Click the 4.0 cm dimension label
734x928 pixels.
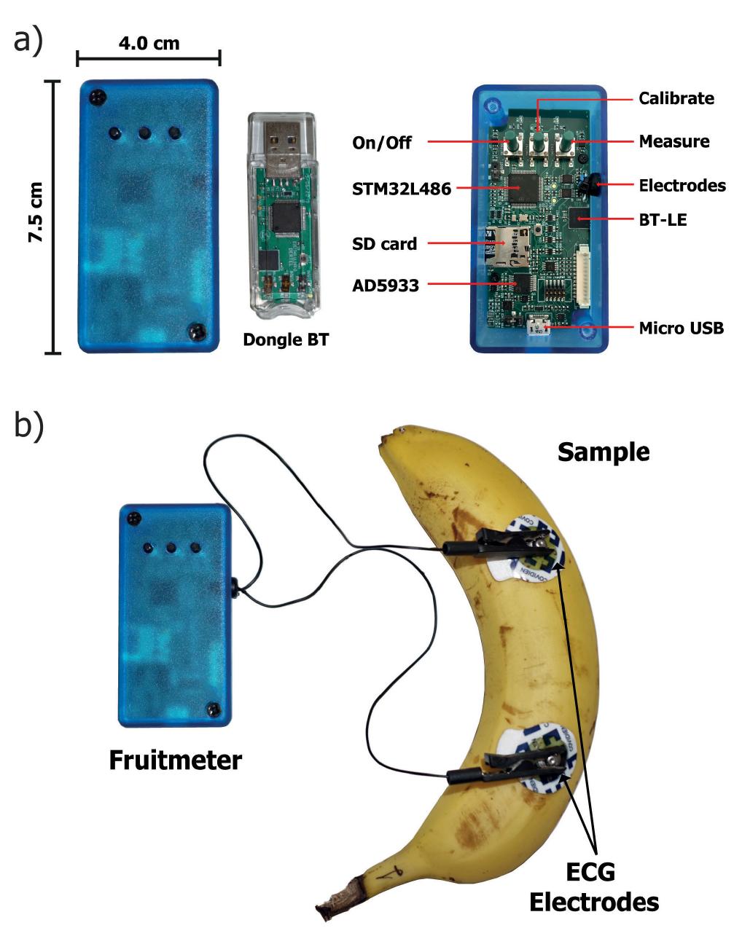pos(149,43)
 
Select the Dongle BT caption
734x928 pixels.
pos(285,339)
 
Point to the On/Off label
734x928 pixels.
pos(381,142)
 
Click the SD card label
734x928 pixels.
pos(384,243)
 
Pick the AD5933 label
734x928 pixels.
pos(386,286)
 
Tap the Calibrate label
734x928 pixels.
pos(676,98)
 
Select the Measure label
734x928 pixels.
pos(674,141)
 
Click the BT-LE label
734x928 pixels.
pos(663,219)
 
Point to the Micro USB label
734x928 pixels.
pos(681,328)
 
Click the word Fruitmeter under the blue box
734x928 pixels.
pos(175,760)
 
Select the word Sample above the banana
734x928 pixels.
pos(603,452)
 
